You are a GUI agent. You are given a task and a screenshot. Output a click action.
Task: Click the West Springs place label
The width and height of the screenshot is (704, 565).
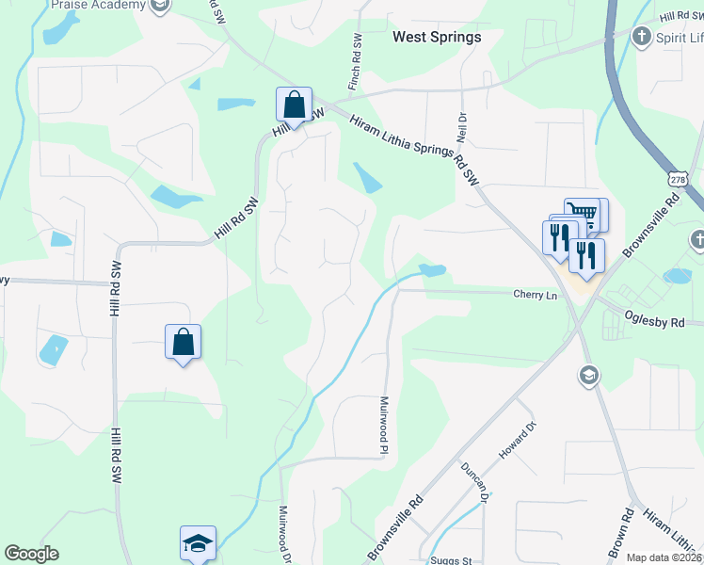click(x=436, y=37)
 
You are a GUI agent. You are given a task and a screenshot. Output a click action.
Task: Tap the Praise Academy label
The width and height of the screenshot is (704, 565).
click(x=99, y=5)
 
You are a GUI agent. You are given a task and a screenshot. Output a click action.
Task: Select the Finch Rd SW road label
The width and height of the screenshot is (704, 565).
click(x=355, y=63)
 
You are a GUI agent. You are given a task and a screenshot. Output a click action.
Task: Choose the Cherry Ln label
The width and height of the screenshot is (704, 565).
click(x=536, y=295)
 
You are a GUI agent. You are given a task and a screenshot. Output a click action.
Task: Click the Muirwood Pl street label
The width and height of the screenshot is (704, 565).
click(x=384, y=425)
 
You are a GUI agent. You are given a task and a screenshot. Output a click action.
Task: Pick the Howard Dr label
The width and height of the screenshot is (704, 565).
click(x=517, y=441)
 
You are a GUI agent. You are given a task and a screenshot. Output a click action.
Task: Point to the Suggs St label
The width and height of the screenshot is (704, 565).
click(x=451, y=560)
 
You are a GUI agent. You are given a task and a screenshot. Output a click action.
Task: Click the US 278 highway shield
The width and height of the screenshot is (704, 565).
click(x=677, y=178)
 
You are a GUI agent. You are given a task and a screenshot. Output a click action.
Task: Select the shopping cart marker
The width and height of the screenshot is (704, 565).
click(x=583, y=215)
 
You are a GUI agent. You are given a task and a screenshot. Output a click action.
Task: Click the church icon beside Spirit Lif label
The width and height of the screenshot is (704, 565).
click(x=641, y=37)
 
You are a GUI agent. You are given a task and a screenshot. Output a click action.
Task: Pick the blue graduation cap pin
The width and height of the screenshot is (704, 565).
click(x=199, y=543)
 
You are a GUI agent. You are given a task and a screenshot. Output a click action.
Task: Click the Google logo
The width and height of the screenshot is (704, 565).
click(x=31, y=554)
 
